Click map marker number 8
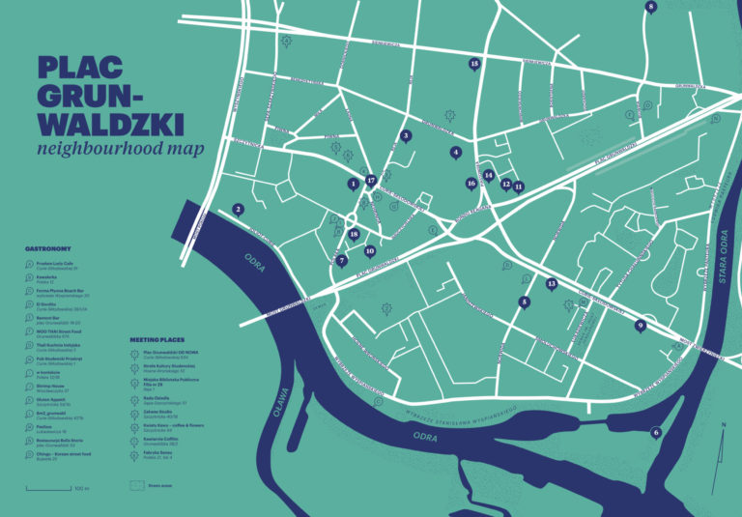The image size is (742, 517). pos(650,8)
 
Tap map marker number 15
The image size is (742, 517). pos(474,64)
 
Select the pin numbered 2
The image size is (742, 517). pos(238,209)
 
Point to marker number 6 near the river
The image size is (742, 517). pos(656,432)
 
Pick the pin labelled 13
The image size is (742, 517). pos(552,284)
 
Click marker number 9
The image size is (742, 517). pos(640,326)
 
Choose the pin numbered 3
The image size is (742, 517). pos(406,136)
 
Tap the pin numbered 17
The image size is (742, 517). pos(370,180)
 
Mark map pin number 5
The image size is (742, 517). pos(524,302)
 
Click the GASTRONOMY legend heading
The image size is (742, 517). pos(47,248)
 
